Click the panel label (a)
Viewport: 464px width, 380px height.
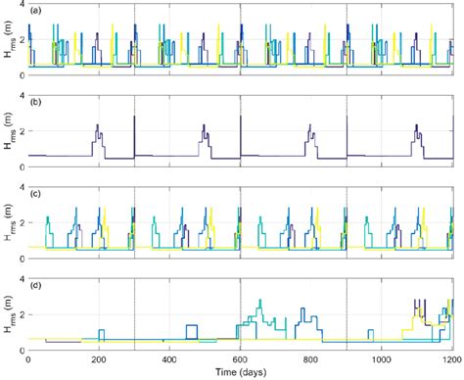click(x=35, y=11)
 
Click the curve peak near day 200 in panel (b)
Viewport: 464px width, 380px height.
click(x=98, y=124)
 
